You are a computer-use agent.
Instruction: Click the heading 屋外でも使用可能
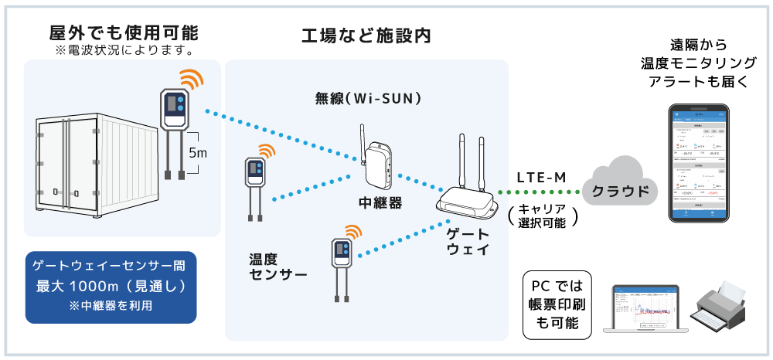(x=123, y=32)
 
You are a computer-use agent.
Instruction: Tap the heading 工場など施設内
(x=366, y=36)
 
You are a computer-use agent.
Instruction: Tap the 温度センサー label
(x=278, y=267)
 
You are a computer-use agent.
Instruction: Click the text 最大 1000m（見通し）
(x=111, y=287)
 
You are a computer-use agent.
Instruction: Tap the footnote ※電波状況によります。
(x=123, y=50)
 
